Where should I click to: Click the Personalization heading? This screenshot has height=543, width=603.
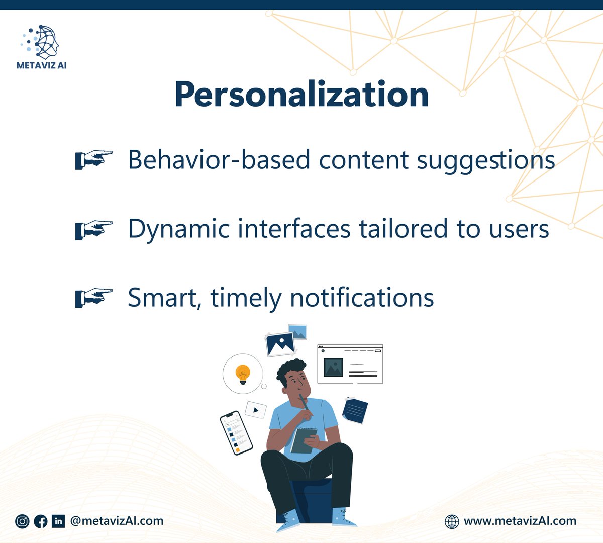[301, 95]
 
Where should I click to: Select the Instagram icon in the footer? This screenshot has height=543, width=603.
[22, 521]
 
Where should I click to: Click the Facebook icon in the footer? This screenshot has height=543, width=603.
[41, 521]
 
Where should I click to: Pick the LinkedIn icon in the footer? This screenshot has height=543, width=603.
[58, 521]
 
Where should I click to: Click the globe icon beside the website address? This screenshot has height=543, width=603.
[452, 521]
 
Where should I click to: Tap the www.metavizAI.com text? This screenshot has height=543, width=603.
[520, 521]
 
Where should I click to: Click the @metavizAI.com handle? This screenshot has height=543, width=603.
[117, 521]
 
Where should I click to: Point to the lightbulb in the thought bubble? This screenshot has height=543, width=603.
[243, 374]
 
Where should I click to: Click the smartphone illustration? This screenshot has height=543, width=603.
[236, 432]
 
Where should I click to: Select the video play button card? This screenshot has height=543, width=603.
[255, 410]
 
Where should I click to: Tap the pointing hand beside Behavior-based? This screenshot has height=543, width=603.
[94, 160]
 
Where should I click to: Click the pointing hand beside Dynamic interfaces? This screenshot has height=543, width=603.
[94, 229]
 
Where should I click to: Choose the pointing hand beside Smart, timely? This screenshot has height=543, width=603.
[94, 297]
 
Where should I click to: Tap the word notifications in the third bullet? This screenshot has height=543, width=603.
[362, 297]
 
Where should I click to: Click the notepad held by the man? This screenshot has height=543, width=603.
[304, 440]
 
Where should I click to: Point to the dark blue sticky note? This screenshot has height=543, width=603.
[355, 410]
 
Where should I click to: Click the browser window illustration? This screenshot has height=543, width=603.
[350, 364]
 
